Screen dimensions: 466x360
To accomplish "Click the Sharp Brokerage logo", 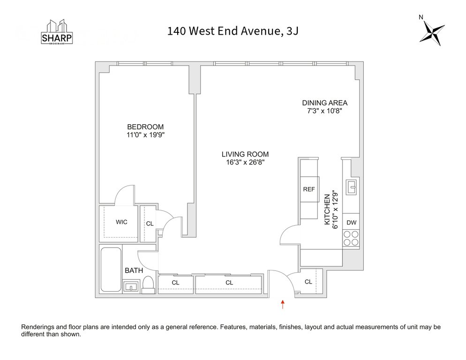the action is coord(57,32).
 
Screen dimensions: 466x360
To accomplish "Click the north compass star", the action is coord(432,33).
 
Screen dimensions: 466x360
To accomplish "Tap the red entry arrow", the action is coord(283,304).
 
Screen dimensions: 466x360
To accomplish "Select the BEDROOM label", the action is coord(145,127).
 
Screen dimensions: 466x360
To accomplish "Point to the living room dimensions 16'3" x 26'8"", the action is coord(245,162).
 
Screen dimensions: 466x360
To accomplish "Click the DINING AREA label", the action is coord(325,103).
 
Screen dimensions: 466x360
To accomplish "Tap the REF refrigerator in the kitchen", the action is coord(309,189).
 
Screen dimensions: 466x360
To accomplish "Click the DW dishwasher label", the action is coord(352,222).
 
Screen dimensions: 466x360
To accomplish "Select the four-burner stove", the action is coord(351,238).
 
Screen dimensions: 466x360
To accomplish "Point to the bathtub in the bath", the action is coord(111,270).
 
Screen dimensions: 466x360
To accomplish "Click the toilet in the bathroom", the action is coord(148,285).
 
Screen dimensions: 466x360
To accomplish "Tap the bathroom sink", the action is coord(131,286).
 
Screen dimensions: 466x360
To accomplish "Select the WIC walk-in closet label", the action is coord(121,222).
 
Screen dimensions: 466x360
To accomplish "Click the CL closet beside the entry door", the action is coord(308,282).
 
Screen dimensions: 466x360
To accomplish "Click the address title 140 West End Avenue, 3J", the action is coord(233,31).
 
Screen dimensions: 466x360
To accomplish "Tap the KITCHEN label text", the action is coord(327,210).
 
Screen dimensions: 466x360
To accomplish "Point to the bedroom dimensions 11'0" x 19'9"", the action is coord(146,135).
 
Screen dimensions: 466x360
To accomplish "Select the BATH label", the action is coord(134,270).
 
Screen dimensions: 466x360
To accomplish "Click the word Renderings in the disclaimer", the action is coord(38,327).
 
